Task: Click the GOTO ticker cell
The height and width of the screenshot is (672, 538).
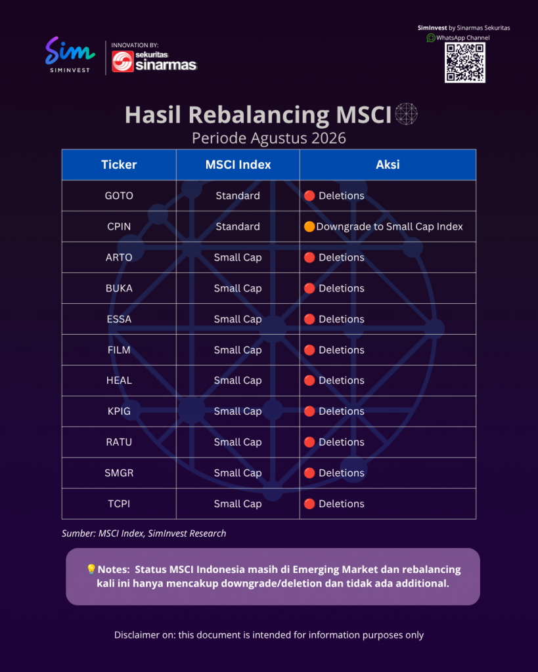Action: pyautogui.click(x=119, y=196)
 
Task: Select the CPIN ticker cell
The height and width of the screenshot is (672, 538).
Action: pyautogui.click(x=119, y=226)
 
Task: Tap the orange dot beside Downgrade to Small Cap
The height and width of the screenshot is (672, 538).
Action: pyautogui.click(x=309, y=226)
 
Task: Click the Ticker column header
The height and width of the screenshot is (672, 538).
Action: pyautogui.click(x=119, y=165)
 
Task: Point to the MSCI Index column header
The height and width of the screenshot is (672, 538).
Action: pyautogui.click(x=238, y=165)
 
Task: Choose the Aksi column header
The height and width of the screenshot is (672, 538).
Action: pyautogui.click(x=388, y=165)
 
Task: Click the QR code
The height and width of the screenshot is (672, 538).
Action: pyautogui.click(x=465, y=62)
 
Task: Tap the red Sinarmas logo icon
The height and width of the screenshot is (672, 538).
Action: pyautogui.click(x=123, y=61)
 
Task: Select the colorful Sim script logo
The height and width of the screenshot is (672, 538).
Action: pyautogui.click(x=70, y=51)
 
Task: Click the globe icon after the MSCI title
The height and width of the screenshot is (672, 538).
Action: pyautogui.click(x=406, y=114)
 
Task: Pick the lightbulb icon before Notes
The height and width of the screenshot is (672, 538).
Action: pyautogui.click(x=91, y=569)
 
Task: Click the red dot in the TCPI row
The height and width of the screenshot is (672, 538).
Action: pyautogui.click(x=309, y=503)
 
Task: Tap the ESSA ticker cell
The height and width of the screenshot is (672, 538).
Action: pyautogui.click(x=119, y=319)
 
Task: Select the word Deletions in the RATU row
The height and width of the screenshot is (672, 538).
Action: pyautogui.click(x=342, y=442)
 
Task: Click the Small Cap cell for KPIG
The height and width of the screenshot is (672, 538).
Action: pyautogui.click(x=238, y=411)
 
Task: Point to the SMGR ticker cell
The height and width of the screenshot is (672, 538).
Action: pyautogui.click(x=119, y=472)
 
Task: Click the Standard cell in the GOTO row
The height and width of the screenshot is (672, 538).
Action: pyautogui.click(x=238, y=196)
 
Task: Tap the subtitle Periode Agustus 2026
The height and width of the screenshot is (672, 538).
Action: pyautogui.click(x=269, y=138)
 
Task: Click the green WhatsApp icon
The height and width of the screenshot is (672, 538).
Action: pyautogui.click(x=431, y=37)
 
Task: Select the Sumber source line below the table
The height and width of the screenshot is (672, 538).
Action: pyautogui.click(x=144, y=533)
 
